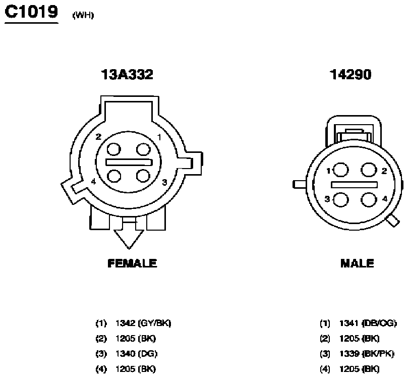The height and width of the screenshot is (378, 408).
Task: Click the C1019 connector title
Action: [x=31, y=12]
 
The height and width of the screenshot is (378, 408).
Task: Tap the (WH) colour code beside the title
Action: [x=83, y=15]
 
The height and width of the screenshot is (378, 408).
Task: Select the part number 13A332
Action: [x=127, y=75]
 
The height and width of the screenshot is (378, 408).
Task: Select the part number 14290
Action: [x=351, y=75]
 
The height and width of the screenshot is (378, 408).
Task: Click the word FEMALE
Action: [x=132, y=263]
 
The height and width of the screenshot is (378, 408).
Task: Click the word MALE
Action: [x=357, y=263]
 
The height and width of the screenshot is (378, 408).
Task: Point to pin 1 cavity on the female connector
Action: [x=143, y=149]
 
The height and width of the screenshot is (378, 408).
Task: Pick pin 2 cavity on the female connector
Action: [x=114, y=149]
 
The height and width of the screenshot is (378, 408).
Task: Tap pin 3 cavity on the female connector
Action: [x=143, y=176]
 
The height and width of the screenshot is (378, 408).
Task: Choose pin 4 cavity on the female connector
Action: [x=114, y=176]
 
